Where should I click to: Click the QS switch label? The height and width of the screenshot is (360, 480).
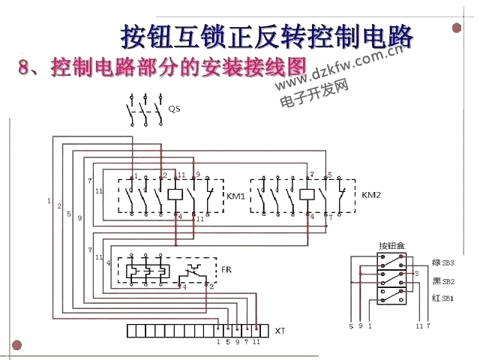pos(174,109)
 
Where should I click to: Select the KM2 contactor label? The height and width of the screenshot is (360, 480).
pos(371,195)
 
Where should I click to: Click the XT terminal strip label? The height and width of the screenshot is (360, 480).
pos(280,331)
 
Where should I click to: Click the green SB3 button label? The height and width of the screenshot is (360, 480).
pos(442,263)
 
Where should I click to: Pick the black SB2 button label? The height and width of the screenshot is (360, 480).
pos(442,281)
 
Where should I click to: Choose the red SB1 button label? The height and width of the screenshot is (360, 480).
pos(442,298)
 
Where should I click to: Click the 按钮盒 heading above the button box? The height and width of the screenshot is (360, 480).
pos(391,245)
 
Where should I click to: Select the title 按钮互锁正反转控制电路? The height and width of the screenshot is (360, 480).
pos(267,34)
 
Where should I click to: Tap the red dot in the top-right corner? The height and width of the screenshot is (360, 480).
pos(457,28)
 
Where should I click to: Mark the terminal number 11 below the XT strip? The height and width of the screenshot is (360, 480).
pos(256,342)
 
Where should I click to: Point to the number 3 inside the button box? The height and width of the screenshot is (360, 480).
pos(415,274)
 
